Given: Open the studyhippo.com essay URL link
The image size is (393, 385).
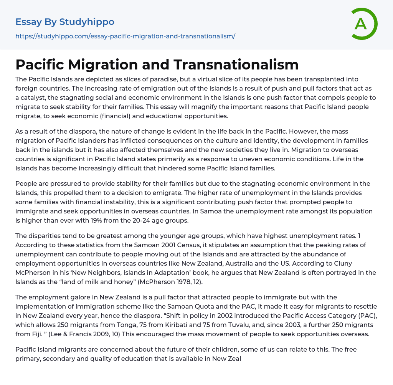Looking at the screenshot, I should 125,36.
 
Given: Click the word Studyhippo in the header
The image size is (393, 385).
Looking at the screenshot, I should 87,22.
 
